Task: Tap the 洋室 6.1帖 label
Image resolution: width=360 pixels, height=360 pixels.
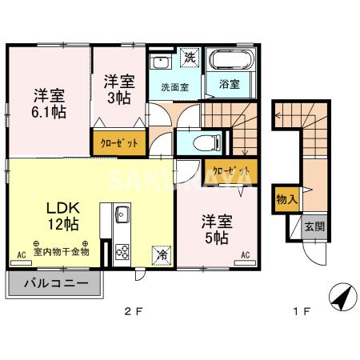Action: coord(48,102)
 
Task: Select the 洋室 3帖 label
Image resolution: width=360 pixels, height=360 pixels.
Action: coord(118,89)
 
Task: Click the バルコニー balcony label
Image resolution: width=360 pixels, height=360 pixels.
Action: coord(55,282)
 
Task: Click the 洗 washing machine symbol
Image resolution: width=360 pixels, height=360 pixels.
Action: coord(190,59)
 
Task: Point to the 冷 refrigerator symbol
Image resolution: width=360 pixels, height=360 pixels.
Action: coord(162,255)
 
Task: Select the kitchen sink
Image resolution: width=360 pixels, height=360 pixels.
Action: coord(122,215)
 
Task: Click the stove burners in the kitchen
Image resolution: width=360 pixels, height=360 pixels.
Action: coord(123,250)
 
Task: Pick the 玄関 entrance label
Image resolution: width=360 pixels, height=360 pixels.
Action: coord(314,226)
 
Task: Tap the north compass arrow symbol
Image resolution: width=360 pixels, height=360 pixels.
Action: coord(339,298)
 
